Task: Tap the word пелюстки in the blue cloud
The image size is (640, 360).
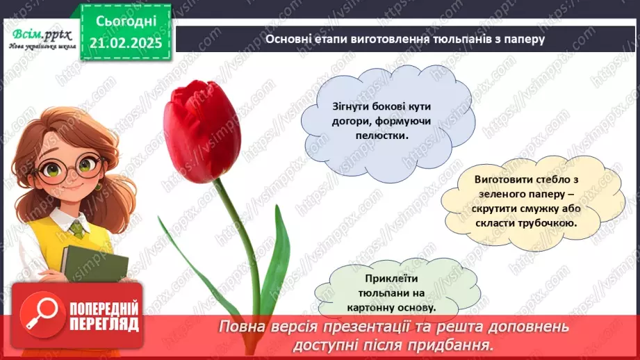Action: (x=381, y=136)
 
